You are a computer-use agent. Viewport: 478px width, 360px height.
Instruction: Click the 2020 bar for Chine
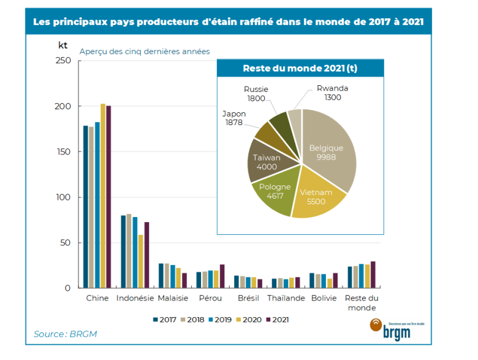[x=103, y=196]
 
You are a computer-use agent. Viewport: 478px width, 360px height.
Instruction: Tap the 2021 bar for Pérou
[x=222, y=276]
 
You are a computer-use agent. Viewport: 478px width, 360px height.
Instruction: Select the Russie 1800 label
[x=256, y=94]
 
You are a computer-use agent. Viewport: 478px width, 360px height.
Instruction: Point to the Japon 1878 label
[x=234, y=118]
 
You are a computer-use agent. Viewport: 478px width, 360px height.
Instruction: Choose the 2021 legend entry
[x=276, y=320]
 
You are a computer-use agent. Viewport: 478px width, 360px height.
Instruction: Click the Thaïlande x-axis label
[x=286, y=298]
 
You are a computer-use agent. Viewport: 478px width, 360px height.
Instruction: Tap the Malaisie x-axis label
[x=173, y=298]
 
